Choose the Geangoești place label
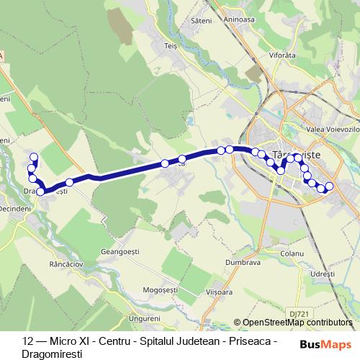tap(120, 251)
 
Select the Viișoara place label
tap(220, 293)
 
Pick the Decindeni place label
tap(16, 207)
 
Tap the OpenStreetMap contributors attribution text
tap(297, 322)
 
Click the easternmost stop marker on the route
tap(330, 186)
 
